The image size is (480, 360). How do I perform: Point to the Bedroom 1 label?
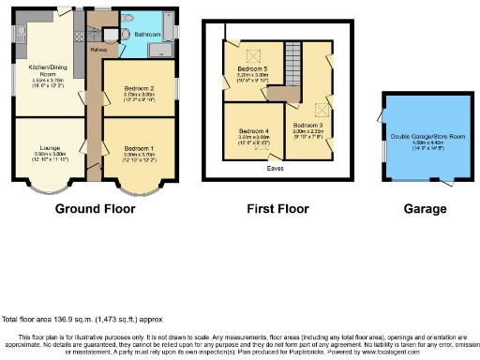click(x=138, y=146)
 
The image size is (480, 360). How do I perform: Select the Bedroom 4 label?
click(x=253, y=130)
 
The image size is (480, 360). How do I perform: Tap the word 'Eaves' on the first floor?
click(x=275, y=169)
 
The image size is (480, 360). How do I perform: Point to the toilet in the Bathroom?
click(x=112, y=34)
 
